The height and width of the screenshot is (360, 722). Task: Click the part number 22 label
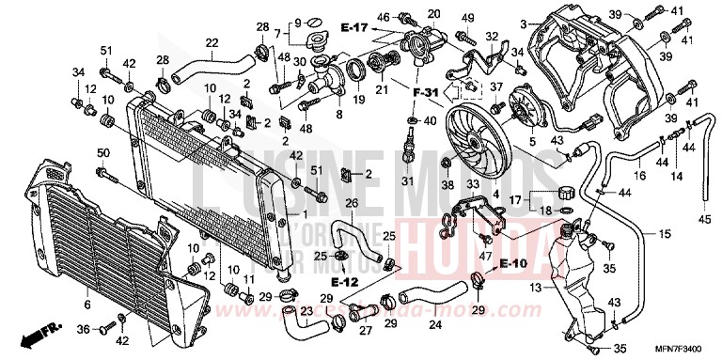(x=212, y=42)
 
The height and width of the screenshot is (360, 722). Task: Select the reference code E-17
(x=354, y=29)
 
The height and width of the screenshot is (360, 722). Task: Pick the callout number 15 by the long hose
(x=663, y=233)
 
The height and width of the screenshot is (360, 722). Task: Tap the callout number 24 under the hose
(x=434, y=325)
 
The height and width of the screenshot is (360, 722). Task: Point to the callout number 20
(x=434, y=13)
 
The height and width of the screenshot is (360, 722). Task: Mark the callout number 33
(x=473, y=184)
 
